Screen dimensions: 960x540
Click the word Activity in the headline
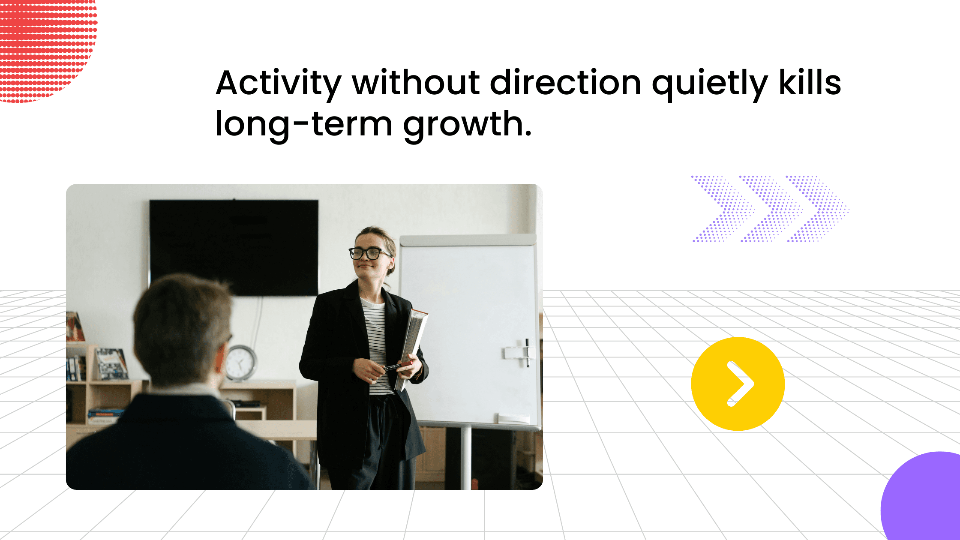[279, 83]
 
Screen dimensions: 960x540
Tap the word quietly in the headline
[710, 84]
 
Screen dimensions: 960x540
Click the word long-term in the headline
[304, 124]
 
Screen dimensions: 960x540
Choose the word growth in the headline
[467, 124]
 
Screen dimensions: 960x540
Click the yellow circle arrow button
[738, 384]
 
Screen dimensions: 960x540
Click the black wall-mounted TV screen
[234, 248]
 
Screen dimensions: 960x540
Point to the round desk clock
[241, 363]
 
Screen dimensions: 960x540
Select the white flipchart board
[469, 332]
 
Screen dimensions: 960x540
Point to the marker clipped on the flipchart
[527, 352]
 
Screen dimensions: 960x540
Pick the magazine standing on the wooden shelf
[111, 364]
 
